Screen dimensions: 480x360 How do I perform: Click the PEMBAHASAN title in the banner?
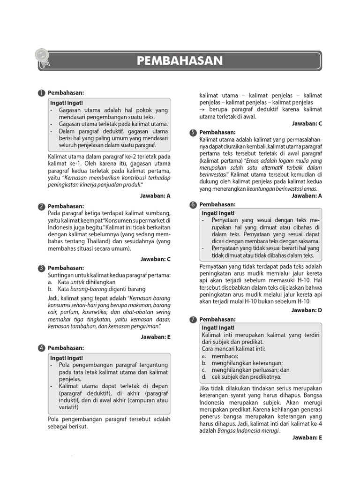(180, 61)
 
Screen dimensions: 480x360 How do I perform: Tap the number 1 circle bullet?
(42, 93)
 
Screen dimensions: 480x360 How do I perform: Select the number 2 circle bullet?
(42, 207)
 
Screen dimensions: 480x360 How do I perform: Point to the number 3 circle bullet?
(42, 268)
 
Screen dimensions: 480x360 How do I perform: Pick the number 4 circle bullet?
(42, 348)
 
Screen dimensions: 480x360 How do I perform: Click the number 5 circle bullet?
(193, 133)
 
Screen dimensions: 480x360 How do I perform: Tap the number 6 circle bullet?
(193, 205)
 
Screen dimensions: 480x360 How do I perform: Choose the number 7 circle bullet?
(193, 320)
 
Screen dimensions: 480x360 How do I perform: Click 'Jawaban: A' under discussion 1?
(155, 195)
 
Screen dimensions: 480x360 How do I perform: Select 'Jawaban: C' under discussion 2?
(155, 259)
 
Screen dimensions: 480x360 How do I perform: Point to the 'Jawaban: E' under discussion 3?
(155, 336)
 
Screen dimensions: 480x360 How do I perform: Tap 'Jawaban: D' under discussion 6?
(307, 310)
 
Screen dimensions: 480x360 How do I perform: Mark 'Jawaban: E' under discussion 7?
(307, 437)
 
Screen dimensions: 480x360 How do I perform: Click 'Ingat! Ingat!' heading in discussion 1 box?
(67, 103)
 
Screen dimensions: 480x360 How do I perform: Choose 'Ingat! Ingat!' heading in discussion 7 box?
(218, 328)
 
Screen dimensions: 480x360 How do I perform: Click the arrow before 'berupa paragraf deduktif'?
(202, 109)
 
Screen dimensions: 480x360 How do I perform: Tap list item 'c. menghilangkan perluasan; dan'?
(246, 369)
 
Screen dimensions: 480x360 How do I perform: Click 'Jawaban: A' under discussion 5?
(307, 195)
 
